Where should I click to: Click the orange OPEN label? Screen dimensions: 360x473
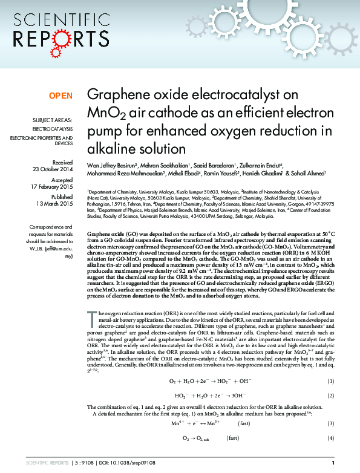pos(61,96)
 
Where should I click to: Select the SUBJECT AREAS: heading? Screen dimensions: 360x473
pos(53,120)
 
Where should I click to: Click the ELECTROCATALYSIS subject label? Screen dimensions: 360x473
pos(53,129)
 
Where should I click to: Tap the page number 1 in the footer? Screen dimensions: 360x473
pos(332,462)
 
